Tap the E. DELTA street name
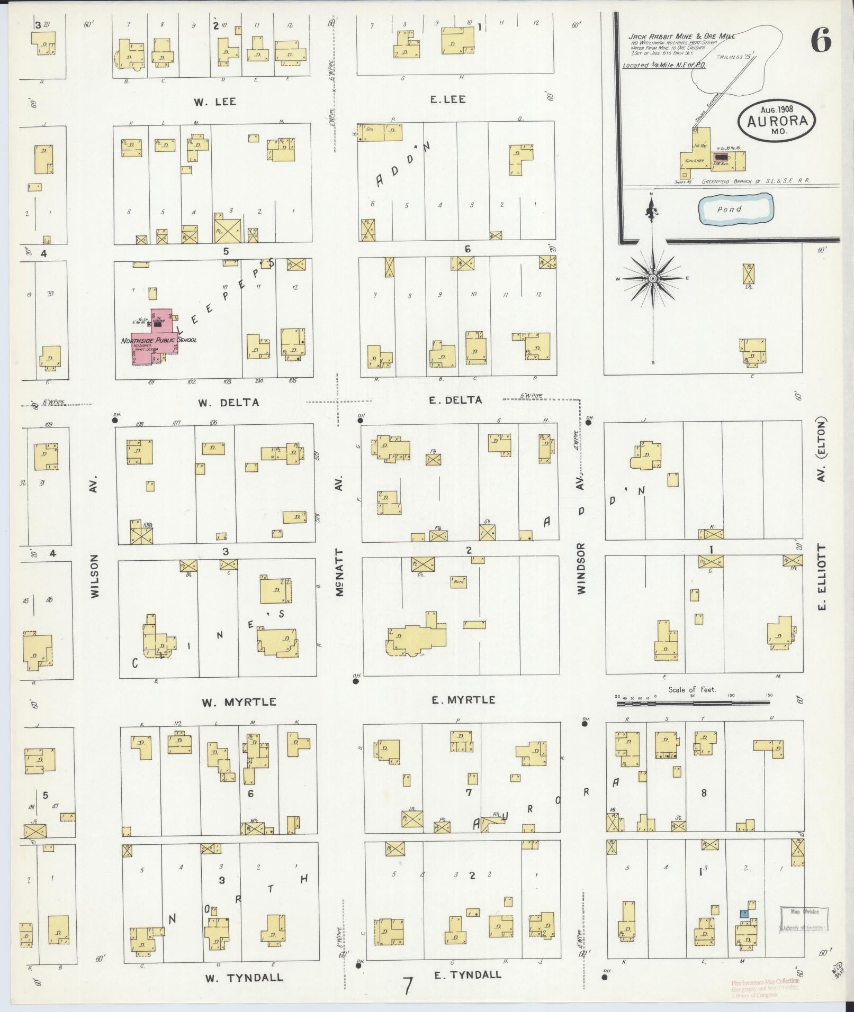455,400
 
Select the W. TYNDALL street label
244,977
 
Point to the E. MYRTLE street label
463,700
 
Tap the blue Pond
734,209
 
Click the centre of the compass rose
653,278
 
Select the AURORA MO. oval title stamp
776,120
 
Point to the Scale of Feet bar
693,703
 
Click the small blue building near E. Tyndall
744,914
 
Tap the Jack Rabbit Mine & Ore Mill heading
677,37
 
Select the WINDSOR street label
581,569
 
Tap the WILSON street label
95,576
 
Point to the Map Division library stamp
804,919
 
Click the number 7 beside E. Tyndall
407,986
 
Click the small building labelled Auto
459,581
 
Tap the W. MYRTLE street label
239,702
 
